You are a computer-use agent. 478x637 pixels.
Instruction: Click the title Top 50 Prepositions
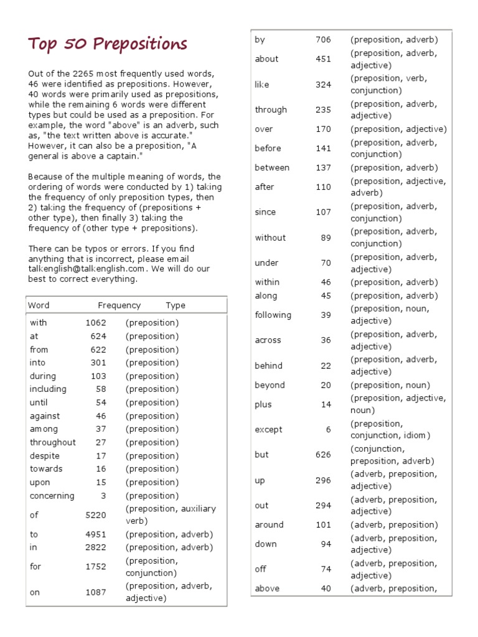[x=108, y=44]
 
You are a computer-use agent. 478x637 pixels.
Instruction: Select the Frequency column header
[x=119, y=305]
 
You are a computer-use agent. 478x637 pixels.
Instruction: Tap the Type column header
[x=176, y=305]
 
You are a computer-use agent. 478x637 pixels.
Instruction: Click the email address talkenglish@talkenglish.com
[x=87, y=269]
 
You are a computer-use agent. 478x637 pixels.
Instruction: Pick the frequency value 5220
[x=95, y=515]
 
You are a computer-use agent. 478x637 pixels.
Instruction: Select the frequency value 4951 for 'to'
[x=95, y=534]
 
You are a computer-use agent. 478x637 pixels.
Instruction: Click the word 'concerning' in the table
[x=52, y=496]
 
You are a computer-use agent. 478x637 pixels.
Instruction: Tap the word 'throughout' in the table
[x=53, y=442]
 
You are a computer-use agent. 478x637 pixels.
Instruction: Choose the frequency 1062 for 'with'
[x=95, y=323]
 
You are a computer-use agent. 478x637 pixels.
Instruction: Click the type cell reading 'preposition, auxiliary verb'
[x=170, y=515]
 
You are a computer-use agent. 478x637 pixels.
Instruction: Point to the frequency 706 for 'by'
[x=323, y=40]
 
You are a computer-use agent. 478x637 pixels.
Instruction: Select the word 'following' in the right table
[x=273, y=315]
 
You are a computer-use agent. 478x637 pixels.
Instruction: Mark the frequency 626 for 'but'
[x=323, y=455]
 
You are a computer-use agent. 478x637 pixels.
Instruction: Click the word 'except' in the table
[x=268, y=429]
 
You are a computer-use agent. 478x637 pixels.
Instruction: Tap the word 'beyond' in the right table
[x=269, y=385]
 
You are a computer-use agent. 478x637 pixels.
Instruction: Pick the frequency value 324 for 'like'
[x=323, y=85]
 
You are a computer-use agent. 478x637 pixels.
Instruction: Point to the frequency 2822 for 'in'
[x=95, y=547]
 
